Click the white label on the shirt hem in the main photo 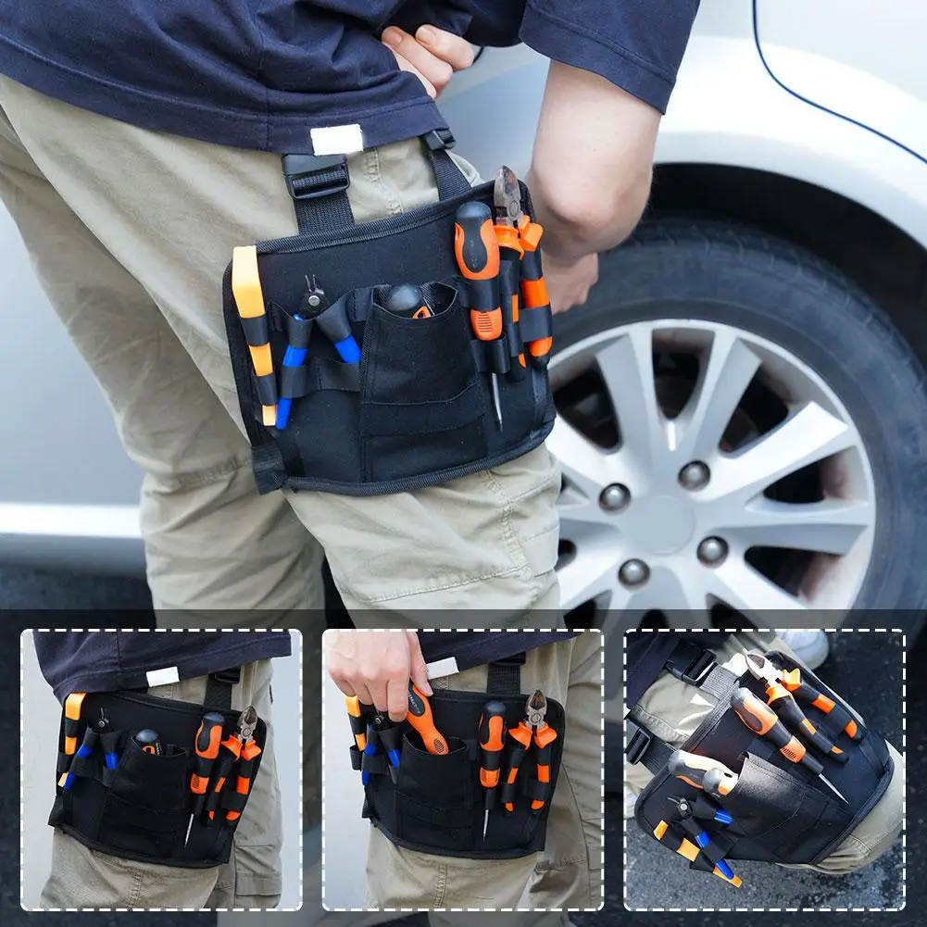point(336,139)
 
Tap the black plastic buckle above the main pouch point(317,175)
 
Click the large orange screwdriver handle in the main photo point(478,269)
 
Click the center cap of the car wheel point(659,524)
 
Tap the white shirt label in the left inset point(163,676)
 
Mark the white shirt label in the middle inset point(442,668)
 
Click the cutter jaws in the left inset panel point(246,720)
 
